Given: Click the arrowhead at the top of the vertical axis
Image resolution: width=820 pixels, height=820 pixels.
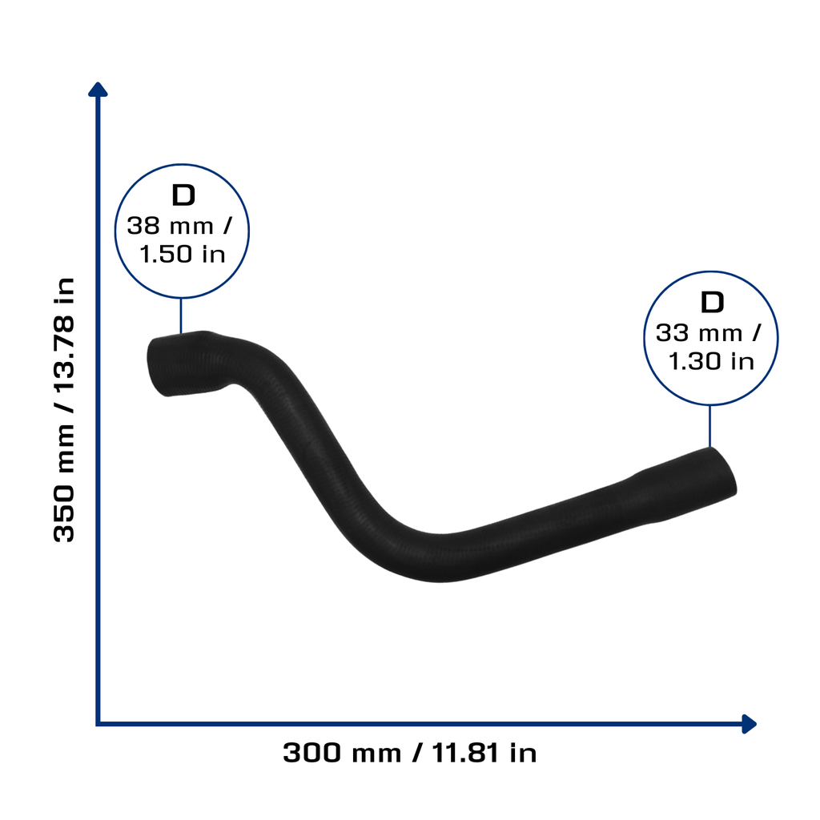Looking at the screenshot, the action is click(98, 90).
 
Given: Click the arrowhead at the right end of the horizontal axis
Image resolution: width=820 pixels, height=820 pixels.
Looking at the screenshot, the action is click(749, 724).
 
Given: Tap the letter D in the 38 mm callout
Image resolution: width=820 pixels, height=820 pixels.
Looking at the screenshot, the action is click(183, 195).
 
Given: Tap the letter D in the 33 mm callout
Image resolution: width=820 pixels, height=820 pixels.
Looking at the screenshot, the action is click(712, 303).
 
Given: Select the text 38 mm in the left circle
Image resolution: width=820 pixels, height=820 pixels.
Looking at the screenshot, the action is click(171, 227).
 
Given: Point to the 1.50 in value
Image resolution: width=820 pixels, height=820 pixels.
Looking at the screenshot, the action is click(183, 254).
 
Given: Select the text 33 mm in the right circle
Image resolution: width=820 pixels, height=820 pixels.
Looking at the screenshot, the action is click(699, 333).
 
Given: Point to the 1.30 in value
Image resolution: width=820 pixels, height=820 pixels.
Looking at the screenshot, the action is click(711, 361).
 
